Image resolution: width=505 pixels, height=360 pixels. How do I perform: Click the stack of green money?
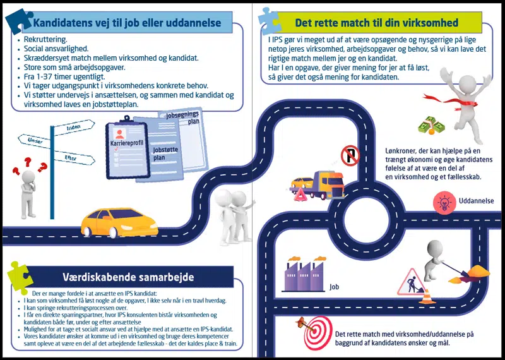[431, 124]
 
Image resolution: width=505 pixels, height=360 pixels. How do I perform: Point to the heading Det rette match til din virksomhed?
[377, 23]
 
